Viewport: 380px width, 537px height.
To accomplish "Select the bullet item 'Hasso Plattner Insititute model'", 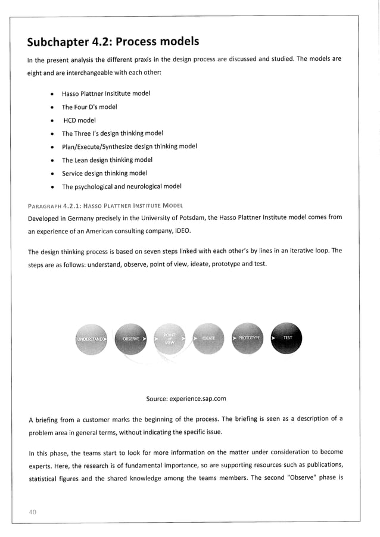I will (x=105, y=93).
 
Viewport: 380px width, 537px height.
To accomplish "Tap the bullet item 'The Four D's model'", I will (x=89, y=107).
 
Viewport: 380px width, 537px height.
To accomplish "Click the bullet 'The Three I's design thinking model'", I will (x=112, y=133).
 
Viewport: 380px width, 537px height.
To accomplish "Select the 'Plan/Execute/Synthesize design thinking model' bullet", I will (x=129, y=146).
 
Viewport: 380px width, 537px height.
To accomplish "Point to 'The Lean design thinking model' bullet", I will (x=107, y=160).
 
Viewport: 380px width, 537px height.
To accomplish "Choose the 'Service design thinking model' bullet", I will (x=104, y=173).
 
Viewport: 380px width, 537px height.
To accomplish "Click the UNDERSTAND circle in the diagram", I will (x=92, y=338).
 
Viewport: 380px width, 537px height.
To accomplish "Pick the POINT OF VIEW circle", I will (x=170, y=338).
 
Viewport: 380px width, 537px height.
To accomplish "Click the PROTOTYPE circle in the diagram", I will (x=249, y=338).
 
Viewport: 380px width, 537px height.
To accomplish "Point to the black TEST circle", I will (x=286, y=338).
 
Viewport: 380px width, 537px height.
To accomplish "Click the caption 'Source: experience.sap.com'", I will (x=186, y=398).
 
